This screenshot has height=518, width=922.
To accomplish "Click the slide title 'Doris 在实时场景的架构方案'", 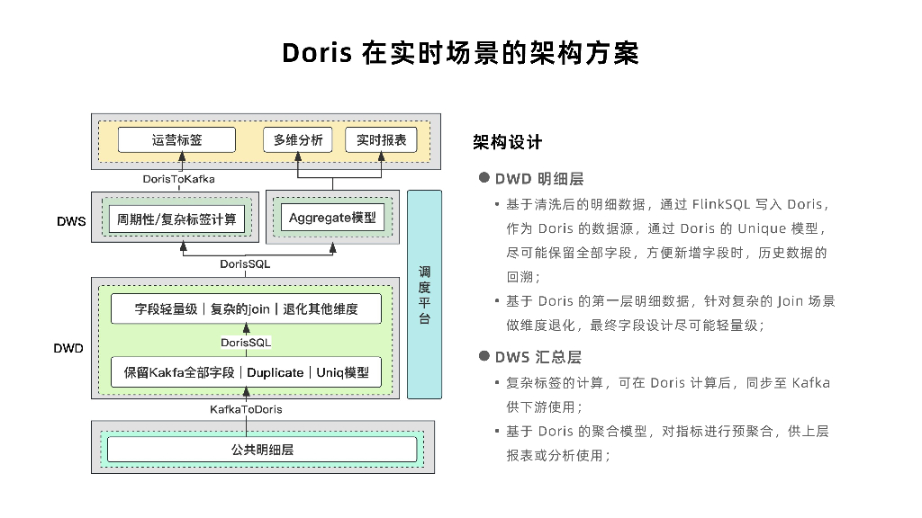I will pyautogui.click(x=460, y=53).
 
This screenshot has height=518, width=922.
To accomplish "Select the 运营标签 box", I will pyautogui.click(x=177, y=140).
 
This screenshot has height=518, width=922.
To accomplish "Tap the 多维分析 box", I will pyautogui.click(x=298, y=140).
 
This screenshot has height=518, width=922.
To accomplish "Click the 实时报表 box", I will pyautogui.click(x=381, y=140).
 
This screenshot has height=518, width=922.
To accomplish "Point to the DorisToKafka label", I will pyautogui.click(x=178, y=179).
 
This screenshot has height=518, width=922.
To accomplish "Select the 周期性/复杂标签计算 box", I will pyautogui.click(x=176, y=219).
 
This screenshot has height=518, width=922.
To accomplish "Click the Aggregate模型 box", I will pyautogui.click(x=331, y=218).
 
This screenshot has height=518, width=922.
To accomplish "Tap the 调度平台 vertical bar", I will pyautogui.click(x=424, y=294).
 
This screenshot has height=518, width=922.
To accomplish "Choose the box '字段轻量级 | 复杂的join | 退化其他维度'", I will pyautogui.click(x=246, y=309).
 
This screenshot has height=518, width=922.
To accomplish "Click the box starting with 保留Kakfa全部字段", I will pyautogui.click(x=246, y=372).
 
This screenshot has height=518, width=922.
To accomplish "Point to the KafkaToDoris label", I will pyautogui.click(x=246, y=409).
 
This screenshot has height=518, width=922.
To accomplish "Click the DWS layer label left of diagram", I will pyautogui.click(x=71, y=220).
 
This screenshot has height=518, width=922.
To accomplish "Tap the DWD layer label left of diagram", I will pyautogui.click(x=69, y=348).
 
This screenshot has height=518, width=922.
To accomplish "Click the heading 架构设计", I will pyautogui.click(x=508, y=142).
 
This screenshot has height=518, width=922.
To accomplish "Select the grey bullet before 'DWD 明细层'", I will pyautogui.click(x=484, y=178).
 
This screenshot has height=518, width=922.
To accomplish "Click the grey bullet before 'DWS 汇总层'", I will pyautogui.click(x=484, y=357).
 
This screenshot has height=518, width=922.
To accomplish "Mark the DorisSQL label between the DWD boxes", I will pyautogui.click(x=246, y=343).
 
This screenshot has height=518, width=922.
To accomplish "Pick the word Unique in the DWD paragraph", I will pyautogui.click(x=763, y=228).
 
